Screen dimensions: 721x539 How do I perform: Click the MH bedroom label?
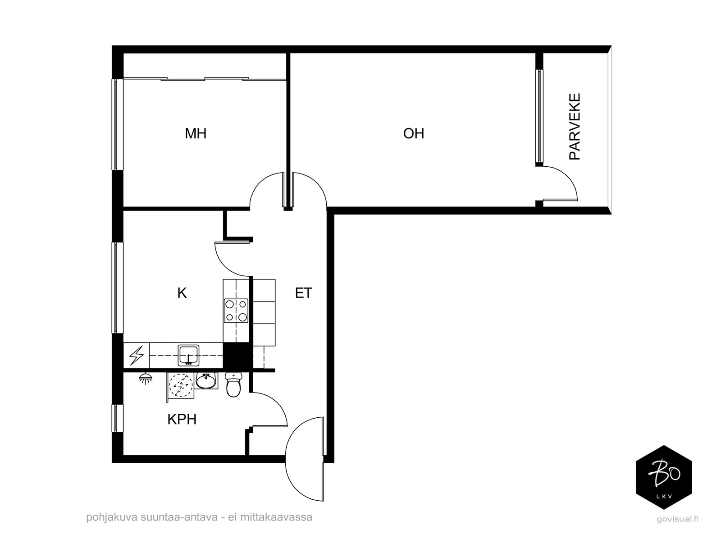click(x=196, y=134)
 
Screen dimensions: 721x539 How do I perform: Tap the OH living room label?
click(x=414, y=134)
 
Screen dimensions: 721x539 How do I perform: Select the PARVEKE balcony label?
click(x=575, y=127)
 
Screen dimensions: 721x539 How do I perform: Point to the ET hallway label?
click(x=304, y=293)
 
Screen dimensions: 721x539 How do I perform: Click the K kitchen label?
click(x=182, y=293)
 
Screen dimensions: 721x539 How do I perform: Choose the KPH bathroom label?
click(x=182, y=420)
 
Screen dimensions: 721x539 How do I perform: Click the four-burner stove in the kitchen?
click(x=236, y=311)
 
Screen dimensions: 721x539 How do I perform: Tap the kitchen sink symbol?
click(x=188, y=356)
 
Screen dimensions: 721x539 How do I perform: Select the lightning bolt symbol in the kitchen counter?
click(x=137, y=356)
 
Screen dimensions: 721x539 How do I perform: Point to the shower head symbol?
click(x=146, y=379)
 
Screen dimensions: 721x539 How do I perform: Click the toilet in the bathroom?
click(x=233, y=384)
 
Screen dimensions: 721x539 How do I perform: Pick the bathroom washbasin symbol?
click(x=206, y=381)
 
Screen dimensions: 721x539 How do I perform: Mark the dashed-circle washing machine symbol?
click(x=180, y=386)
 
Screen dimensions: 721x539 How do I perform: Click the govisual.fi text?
click(x=677, y=519)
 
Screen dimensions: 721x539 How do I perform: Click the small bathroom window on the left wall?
click(x=117, y=418)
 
